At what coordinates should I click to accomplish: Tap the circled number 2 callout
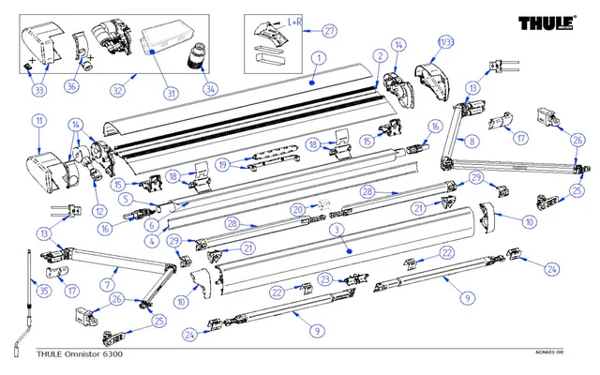380,57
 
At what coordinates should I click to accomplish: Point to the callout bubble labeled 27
329,31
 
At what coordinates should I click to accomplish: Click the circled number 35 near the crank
41,292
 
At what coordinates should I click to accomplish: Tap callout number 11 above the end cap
39,121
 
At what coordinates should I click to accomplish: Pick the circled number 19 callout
222,164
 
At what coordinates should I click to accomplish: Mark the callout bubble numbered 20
297,209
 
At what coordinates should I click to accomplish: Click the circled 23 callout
324,279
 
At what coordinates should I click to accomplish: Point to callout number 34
209,90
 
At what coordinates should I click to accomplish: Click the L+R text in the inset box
292,20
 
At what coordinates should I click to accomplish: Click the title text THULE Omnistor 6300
79,354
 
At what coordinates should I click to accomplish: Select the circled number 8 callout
472,141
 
